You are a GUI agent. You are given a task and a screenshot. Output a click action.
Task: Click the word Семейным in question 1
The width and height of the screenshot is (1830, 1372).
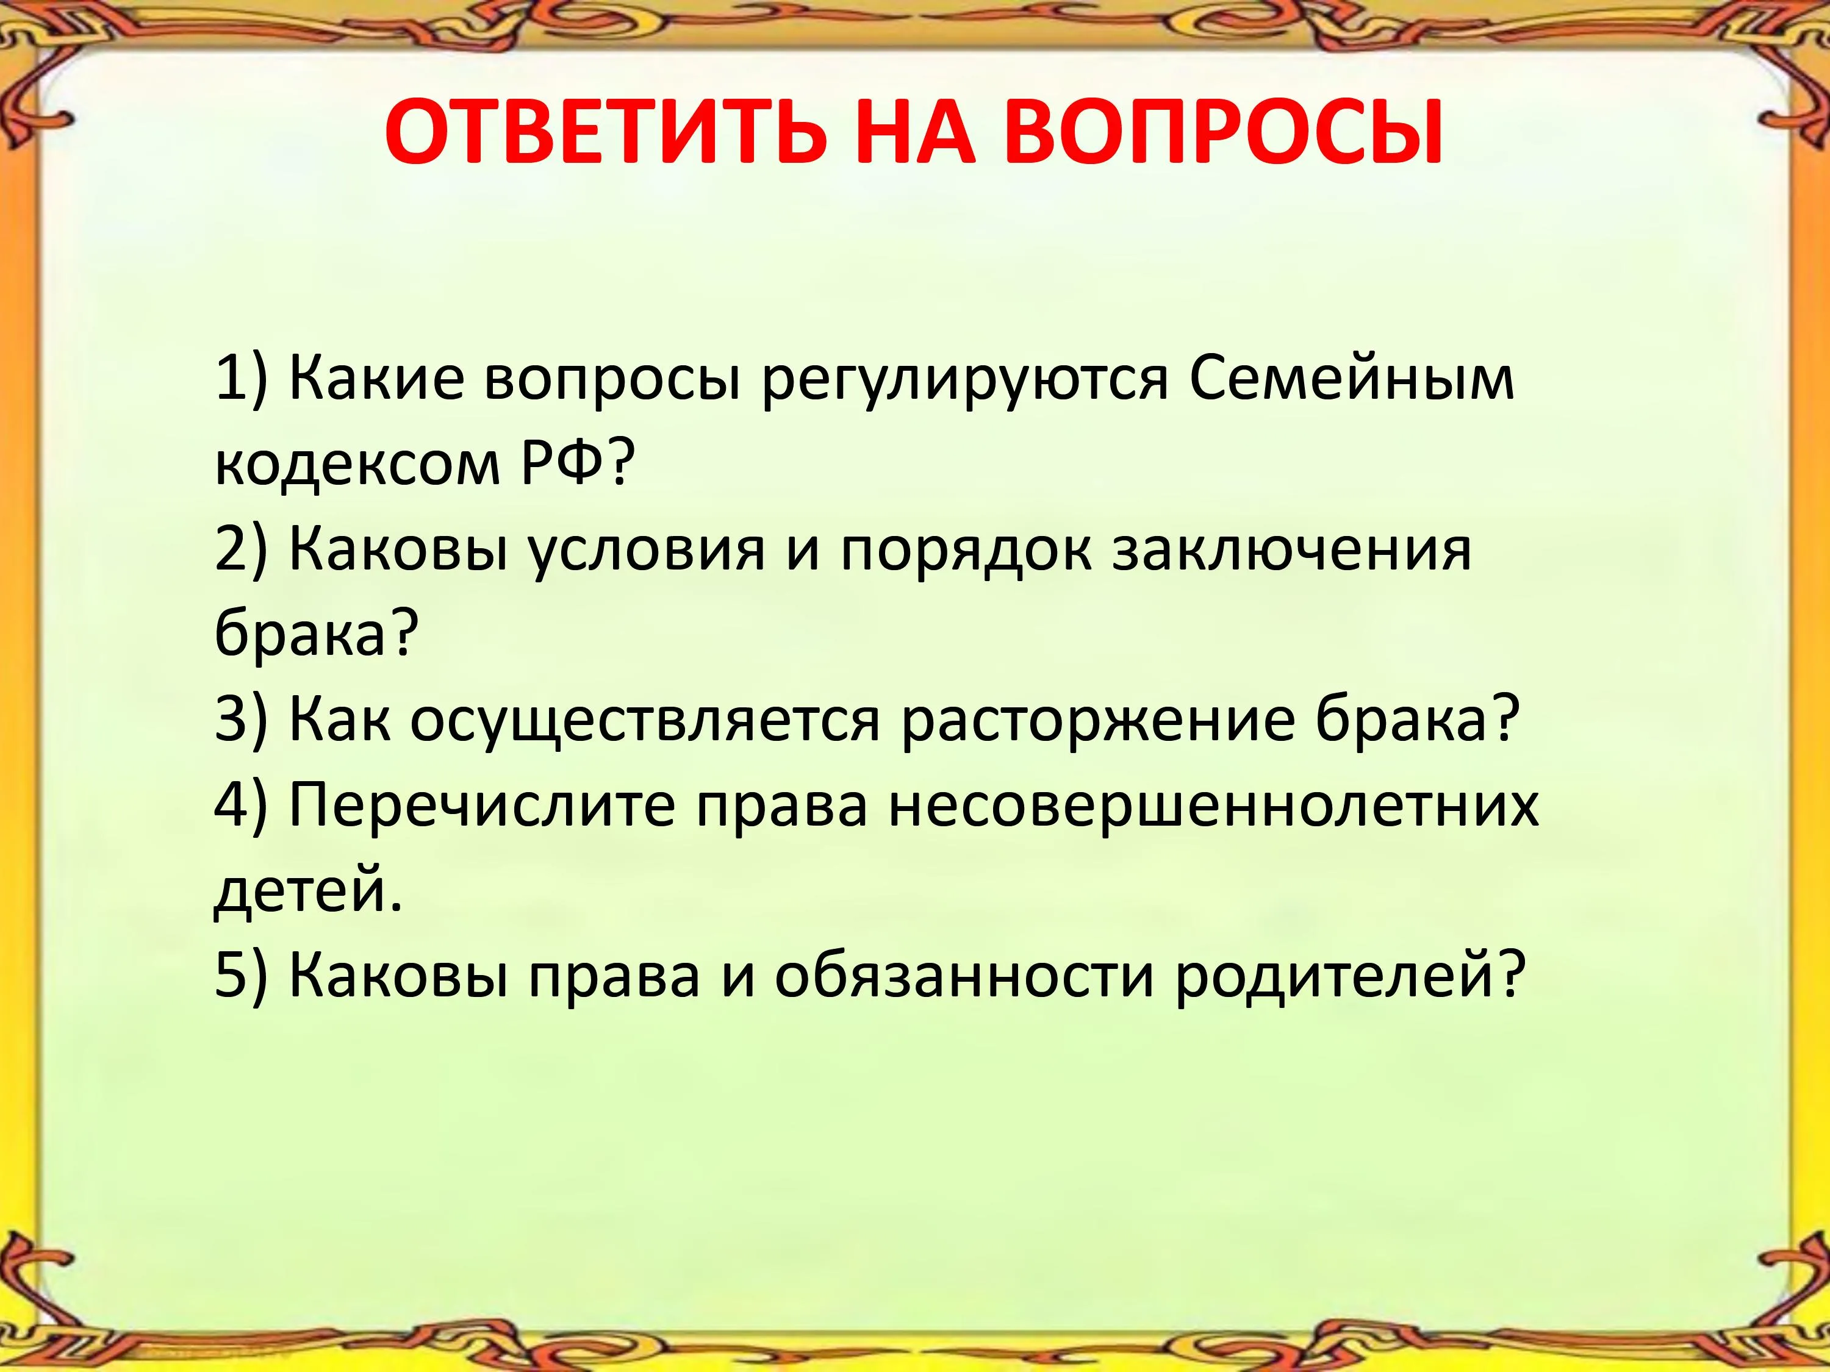click(1352, 381)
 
